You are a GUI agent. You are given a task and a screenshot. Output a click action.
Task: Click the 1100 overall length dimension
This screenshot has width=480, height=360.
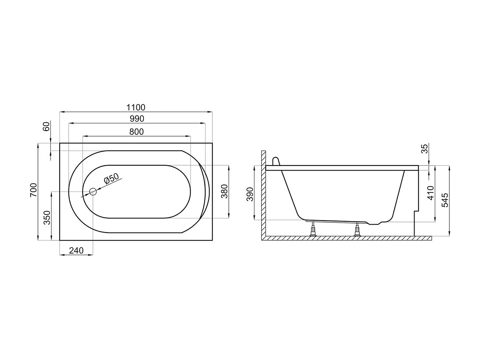point(136,107)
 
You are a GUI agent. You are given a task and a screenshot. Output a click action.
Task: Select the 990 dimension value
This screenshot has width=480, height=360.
point(137,119)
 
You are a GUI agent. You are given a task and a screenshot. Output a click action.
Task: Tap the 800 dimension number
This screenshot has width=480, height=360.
point(137,132)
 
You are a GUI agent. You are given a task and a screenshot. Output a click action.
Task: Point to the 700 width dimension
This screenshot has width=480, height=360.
point(34,190)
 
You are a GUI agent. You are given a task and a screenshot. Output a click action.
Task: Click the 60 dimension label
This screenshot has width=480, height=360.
point(47,126)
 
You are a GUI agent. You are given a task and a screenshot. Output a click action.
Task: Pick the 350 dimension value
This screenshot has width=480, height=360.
point(47,218)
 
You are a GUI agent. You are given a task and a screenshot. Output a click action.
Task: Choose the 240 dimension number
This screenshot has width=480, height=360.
point(76,251)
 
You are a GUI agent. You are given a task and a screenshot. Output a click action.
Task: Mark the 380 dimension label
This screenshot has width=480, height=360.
point(225,191)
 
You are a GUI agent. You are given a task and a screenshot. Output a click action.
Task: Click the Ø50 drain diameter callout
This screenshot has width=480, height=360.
point(111,179)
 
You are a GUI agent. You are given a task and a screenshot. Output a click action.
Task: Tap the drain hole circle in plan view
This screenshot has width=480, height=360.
point(93,192)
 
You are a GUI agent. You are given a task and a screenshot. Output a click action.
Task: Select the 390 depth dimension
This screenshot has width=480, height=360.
point(250,194)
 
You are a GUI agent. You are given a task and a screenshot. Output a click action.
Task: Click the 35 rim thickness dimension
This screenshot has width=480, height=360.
point(424,149)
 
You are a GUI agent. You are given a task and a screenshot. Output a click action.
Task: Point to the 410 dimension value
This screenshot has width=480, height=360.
point(431,193)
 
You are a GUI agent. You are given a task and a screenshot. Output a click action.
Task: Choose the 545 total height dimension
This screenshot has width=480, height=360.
point(445,200)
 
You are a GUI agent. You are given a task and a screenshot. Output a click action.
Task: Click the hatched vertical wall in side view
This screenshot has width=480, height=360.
point(263,192)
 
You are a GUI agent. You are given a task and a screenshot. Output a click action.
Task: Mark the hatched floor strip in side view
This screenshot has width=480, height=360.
point(346,238)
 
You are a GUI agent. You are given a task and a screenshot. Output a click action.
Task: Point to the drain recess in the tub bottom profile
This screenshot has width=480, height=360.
point(374,222)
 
